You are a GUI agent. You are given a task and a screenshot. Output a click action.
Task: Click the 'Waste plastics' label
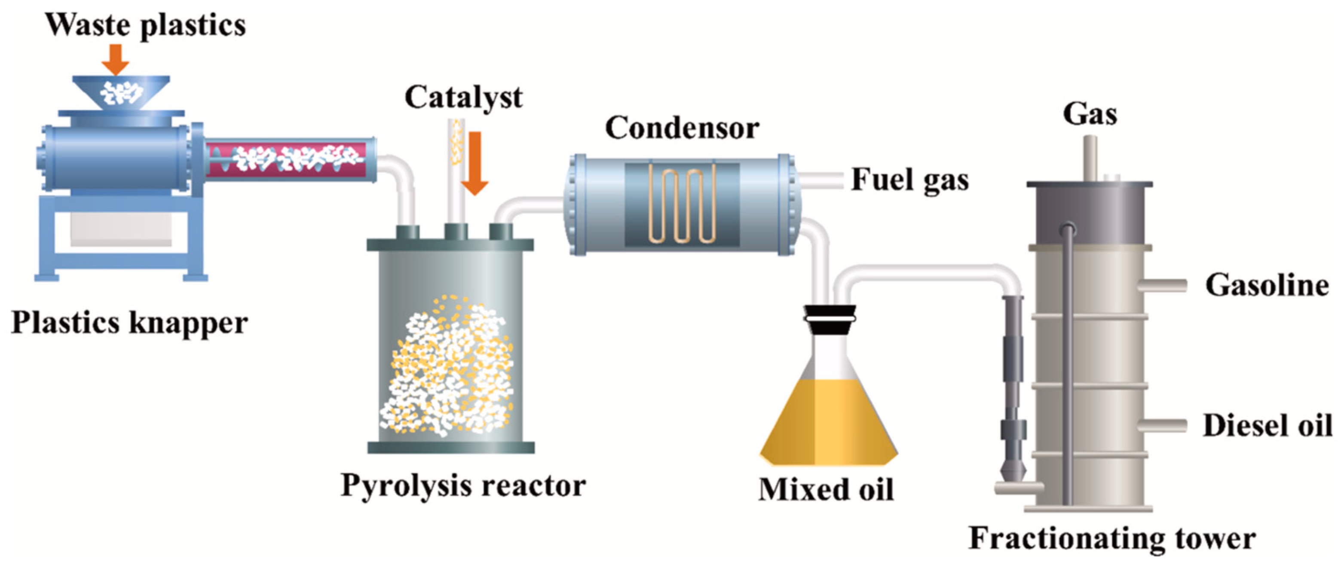145,25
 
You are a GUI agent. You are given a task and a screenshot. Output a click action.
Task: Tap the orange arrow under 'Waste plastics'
115,59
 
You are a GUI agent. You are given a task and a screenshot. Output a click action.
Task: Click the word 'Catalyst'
463,97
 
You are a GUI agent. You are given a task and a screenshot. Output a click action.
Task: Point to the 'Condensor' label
682,128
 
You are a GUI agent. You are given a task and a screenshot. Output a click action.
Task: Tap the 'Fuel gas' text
910,180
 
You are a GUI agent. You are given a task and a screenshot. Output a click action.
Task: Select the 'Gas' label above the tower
1090,114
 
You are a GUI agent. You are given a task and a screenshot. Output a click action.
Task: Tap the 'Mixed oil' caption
826,489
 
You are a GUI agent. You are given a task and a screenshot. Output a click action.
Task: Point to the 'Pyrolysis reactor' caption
463,486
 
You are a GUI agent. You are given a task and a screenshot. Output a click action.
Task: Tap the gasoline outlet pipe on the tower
1162,286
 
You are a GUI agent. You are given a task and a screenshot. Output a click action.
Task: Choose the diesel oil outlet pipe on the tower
1162,425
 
